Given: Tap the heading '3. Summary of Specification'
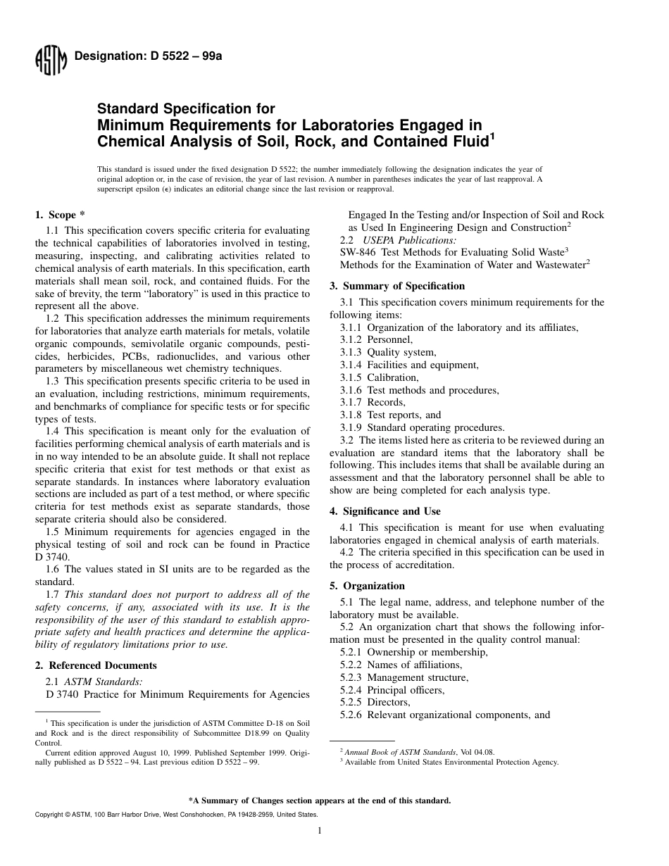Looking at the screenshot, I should [x=397, y=286].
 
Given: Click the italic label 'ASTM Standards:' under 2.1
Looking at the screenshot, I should [x=104, y=682].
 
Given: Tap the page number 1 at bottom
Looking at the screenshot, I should [x=319, y=832].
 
